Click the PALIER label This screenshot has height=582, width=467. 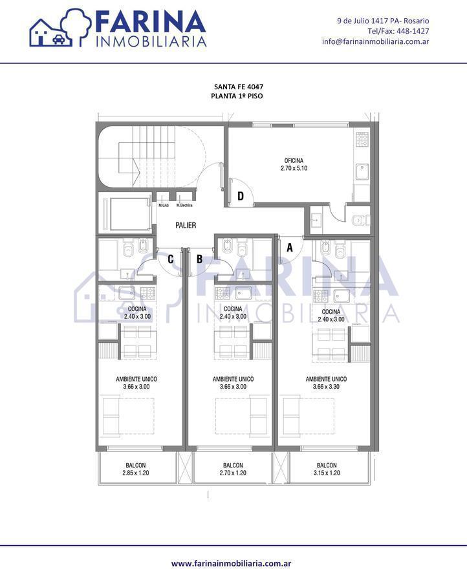(x=186, y=225)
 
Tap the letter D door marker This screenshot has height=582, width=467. (x=241, y=196)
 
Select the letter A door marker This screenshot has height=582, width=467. (x=290, y=247)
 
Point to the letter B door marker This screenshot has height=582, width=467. (x=199, y=259)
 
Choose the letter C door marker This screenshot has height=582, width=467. (x=170, y=259)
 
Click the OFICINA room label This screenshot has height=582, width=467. (x=294, y=161)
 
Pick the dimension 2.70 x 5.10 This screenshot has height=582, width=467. (x=294, y=168)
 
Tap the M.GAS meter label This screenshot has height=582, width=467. (x=164, y=205)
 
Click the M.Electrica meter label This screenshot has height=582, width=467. (x=184, y=205)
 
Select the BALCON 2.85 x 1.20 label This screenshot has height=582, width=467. (x=135, y=469)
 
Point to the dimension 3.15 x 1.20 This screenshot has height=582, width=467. (x=327, y=473)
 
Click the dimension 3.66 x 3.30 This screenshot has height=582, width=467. (x=326, y=387)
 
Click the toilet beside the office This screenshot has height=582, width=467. (x=360, y=221)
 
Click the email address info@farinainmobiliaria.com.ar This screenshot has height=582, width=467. (x=376, y=41)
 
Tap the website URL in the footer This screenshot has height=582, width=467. (x=231, y=563)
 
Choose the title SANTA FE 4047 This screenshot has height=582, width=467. (x=239, y=87)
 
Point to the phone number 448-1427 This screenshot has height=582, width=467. (x=413, y=31)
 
